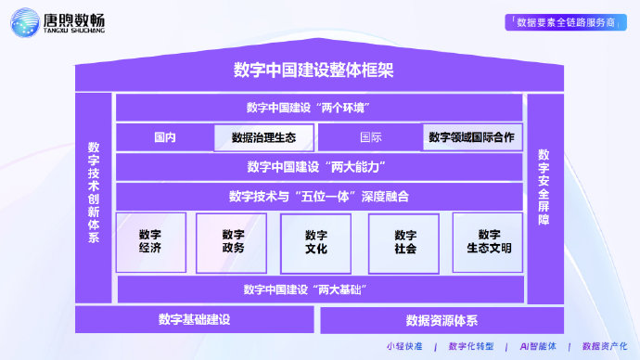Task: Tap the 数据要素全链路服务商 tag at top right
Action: [x=566, y=22]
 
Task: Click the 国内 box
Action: [x=164, y=137]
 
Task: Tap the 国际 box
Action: [x=370, y=137]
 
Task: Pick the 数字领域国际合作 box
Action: [x=472, y=137]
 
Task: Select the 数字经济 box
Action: [x=150, y=242]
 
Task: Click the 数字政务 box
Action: [x=233, y=242]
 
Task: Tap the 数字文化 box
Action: [x=315, y=242]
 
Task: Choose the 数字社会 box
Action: [x=404, y=242]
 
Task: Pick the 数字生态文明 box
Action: [x=488, y=242]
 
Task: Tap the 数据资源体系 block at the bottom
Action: [x=442, y=320]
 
